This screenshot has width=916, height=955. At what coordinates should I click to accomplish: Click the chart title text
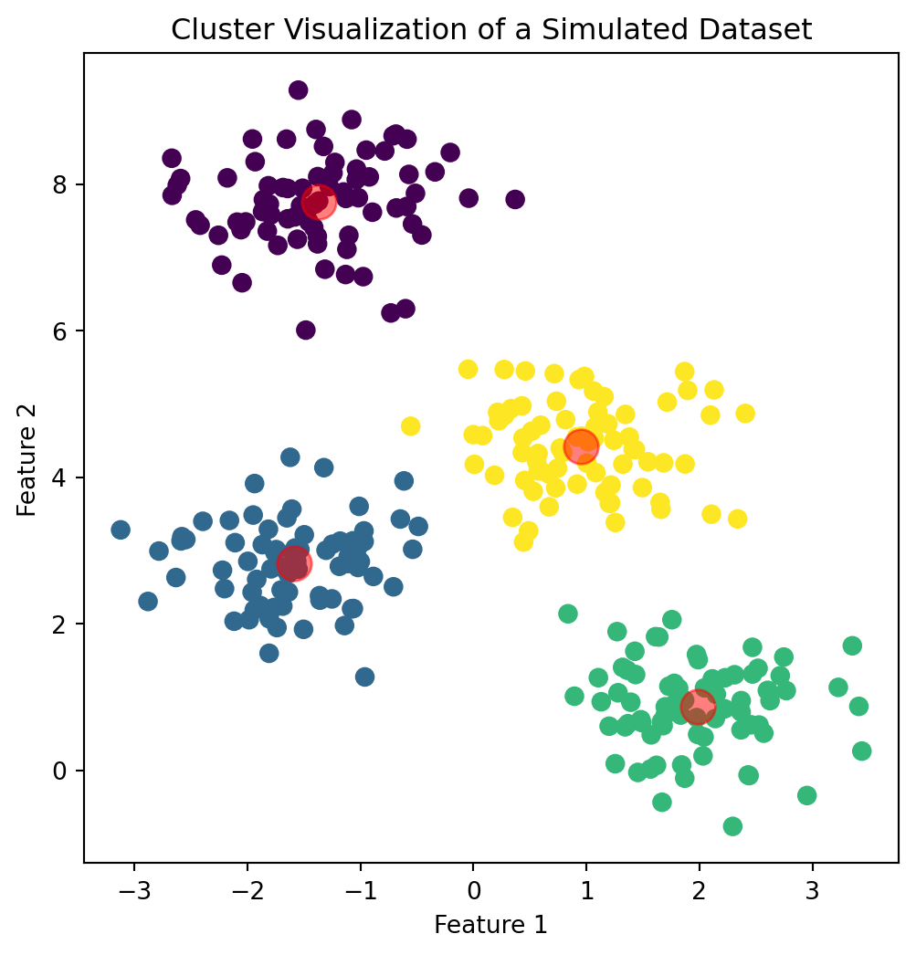click(x=491, y=30)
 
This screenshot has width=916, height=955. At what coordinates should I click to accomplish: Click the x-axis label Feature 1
click(x=490, y=925)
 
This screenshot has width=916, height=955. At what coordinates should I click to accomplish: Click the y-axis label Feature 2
click(x=26, y=457)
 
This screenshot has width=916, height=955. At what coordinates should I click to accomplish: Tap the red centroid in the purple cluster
click(x=319, y=202)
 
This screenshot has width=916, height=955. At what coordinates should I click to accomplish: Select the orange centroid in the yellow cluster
click(x=581, y=446)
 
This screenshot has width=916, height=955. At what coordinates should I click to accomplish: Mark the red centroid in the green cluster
click(x=698, y=705)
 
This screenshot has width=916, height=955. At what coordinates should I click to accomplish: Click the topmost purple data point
click(x=298, y=90)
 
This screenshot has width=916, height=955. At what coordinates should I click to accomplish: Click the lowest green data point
click(x=732, y=826)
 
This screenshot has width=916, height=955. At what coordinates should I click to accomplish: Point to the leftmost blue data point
click(x=121, y=530)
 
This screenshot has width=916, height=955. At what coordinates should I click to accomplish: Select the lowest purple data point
click(x=306, y=331)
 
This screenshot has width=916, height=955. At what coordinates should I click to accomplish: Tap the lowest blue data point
click(x=364, y=677)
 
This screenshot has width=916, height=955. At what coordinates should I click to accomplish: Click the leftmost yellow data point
click(x=410, y=426)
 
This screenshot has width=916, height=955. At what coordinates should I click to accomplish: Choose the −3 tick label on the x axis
click(x=133, y=885)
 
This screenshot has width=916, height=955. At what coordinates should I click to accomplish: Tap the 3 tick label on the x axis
click(x=812, y=885)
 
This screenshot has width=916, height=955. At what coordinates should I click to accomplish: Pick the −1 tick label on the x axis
click(x=360, y=885)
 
